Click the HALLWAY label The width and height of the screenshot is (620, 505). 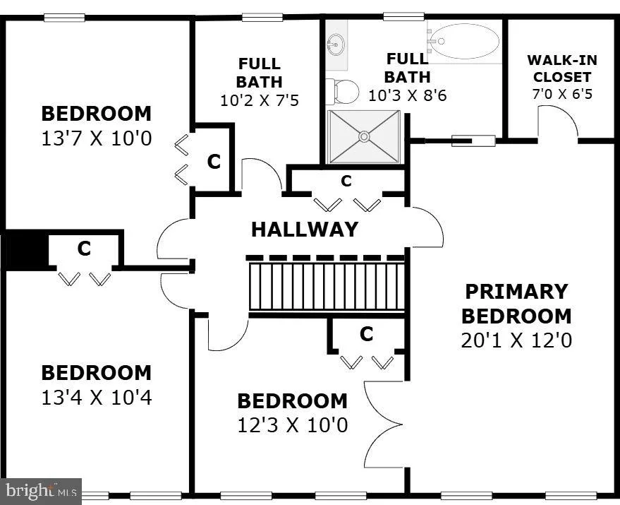tap(305, 230)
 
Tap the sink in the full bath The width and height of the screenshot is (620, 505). tap(336, 44)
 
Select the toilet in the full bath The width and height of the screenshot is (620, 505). tap(342, 92)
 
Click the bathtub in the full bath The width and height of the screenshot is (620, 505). tap(464, 41)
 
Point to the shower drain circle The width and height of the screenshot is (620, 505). tap(364, 136)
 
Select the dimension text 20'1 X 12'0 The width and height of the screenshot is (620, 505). tap(516, 340)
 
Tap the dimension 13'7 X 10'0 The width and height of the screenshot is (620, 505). tap(97, 138)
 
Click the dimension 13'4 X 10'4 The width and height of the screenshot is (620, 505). tap(97, 397)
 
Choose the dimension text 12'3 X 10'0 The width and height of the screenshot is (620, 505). tap(293, 425)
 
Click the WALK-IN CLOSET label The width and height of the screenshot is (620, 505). tap(562, 68)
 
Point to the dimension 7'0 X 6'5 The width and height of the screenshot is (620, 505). tap(562, 94)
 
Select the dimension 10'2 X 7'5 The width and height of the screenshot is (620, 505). tap(260, 100)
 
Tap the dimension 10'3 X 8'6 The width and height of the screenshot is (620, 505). tap(407, 95)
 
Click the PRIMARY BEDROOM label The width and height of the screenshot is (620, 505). tap(516, 304)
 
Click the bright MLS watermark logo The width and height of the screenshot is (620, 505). tap(41, 492)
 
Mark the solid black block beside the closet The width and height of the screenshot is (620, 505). tap(26, 250)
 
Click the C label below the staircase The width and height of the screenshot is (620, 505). tap(367, 334)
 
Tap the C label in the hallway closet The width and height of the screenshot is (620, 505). tap(346, 181)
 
